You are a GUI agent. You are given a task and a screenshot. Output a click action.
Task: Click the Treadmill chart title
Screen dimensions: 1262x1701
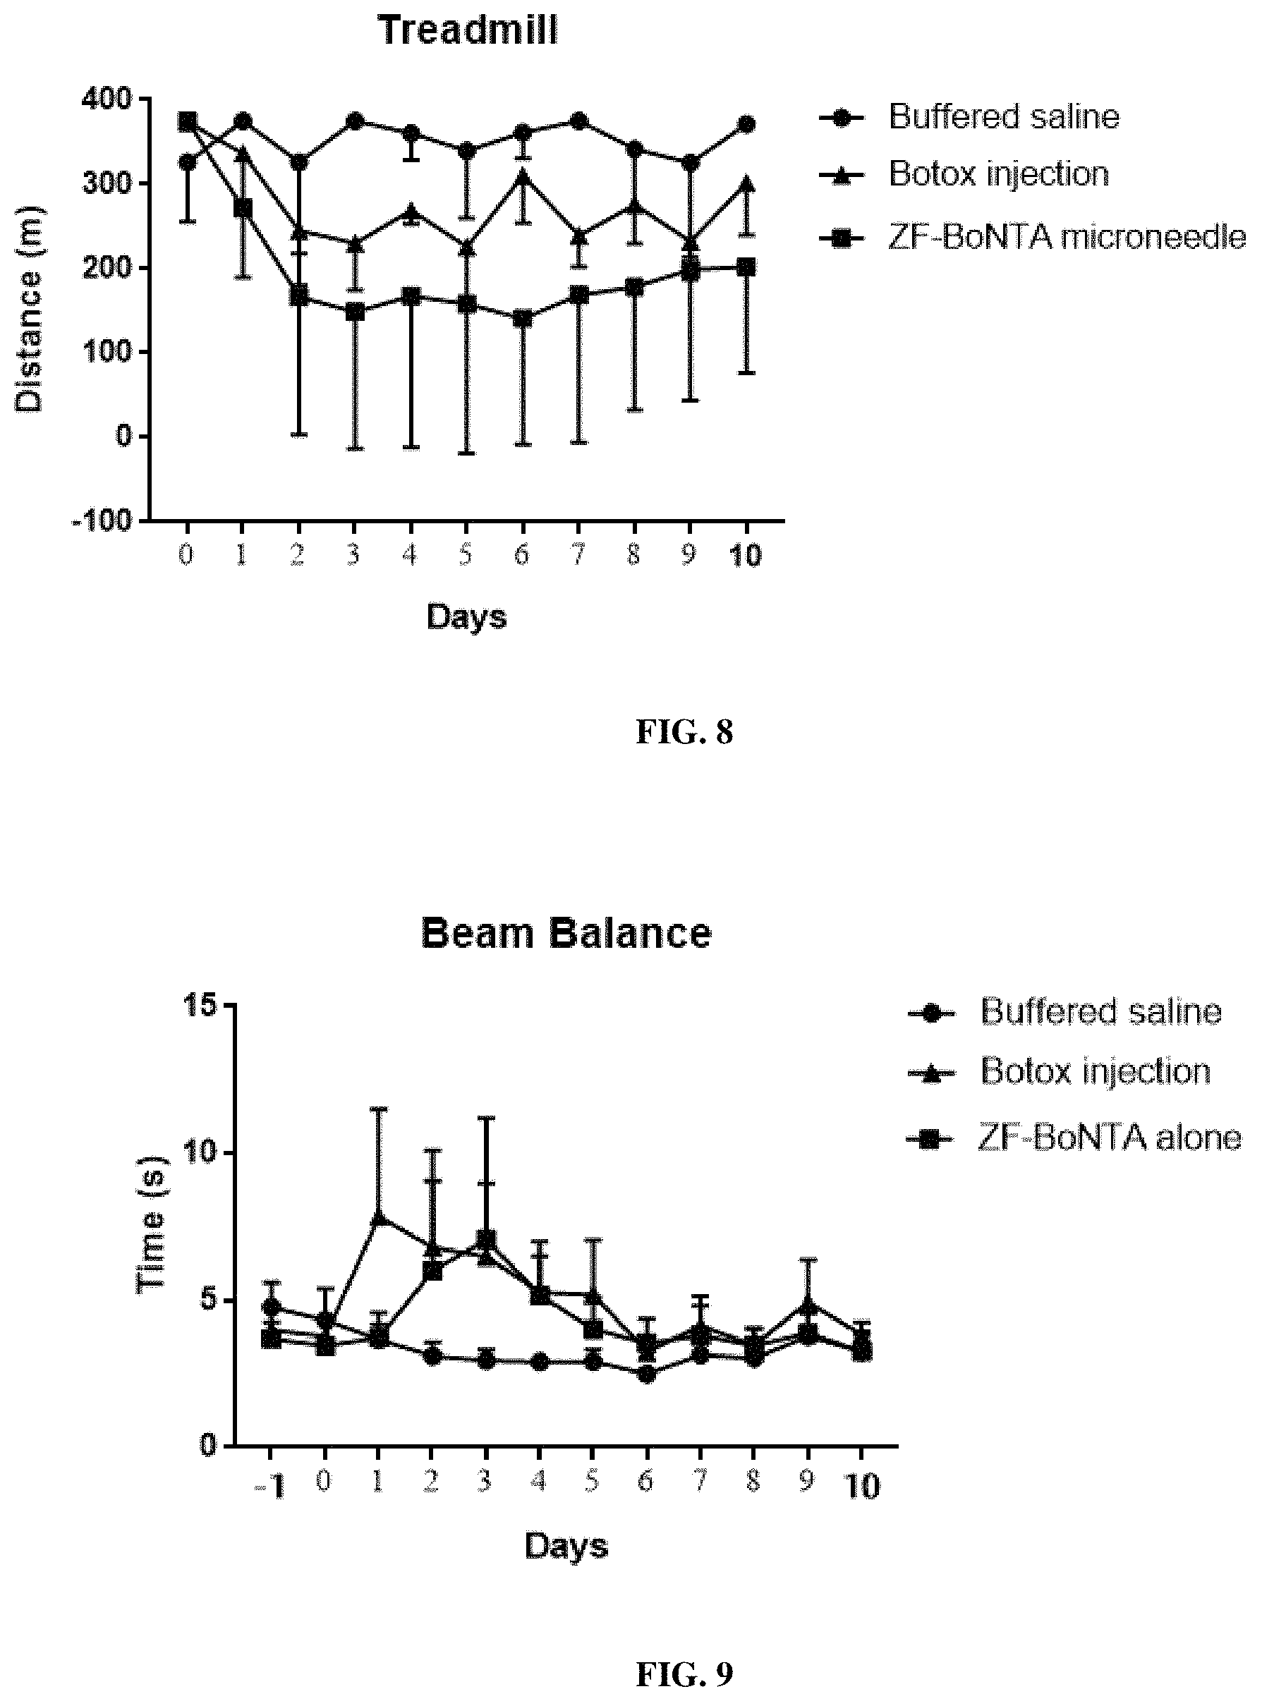[x=468, y=30]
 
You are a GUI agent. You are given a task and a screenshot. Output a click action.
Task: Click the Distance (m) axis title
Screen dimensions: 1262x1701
[x=29, y=310]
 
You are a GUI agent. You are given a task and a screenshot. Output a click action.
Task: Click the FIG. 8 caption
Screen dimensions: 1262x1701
[x=684, y=732]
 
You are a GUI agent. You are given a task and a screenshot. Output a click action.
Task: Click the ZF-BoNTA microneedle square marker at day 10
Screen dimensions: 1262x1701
[x=746, y=267]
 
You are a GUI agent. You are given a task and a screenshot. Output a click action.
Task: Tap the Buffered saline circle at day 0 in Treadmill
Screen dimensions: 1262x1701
[x=187, y=163]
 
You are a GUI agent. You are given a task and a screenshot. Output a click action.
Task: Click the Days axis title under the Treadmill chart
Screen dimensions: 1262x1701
[x=467, y=616]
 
